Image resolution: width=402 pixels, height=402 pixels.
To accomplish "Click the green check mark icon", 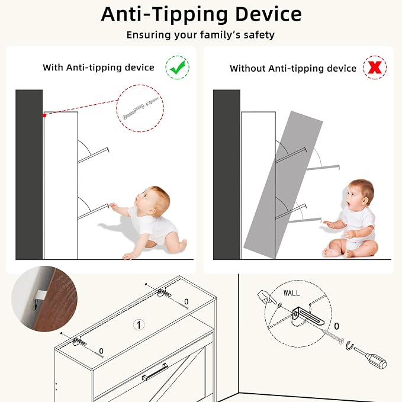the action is point(178,67).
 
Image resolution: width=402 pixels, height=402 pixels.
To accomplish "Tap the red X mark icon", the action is point(375,67).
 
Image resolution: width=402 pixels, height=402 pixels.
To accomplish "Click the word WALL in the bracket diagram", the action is point(291,293).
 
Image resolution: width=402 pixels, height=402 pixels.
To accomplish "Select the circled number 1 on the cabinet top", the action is point(139,325).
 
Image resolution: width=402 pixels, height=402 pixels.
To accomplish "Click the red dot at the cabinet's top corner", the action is point(44,115).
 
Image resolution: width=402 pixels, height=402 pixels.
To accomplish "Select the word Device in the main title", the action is point(268,14).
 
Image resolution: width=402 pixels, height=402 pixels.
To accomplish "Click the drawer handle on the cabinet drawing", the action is point(155,371).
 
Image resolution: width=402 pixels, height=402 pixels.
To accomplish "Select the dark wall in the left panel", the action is point(29,175).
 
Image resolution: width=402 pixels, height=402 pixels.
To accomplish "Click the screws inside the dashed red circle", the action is point(140,109).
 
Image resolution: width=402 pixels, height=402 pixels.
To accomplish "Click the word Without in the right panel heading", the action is point(247,69).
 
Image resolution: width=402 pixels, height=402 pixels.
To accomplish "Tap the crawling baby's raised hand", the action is point(113,206).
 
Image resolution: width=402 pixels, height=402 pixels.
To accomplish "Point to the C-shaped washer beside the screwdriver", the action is point(350,345).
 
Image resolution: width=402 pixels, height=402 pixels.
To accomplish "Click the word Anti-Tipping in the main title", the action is point(165,15).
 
